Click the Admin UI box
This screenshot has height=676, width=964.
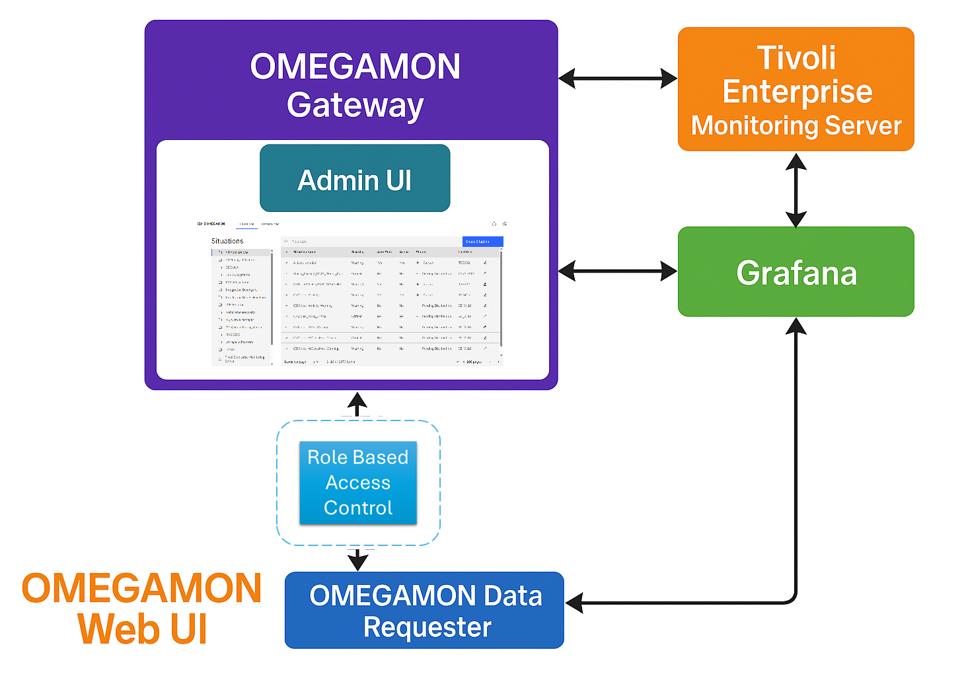coord(355,179)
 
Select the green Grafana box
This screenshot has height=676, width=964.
coord(796,272)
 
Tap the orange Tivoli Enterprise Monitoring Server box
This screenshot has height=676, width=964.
coord(796,90)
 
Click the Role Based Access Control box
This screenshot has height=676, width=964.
coord(358,483)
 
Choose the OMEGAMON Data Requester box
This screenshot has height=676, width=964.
coord(424,611)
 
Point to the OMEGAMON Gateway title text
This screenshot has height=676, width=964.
coord(355,85)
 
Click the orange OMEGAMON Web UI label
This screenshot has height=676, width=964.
coord(142,608)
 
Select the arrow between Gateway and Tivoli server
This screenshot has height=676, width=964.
coord(618,79)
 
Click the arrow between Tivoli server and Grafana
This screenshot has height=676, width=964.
coord(796,189)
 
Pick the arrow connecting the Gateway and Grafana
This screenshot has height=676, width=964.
coord(618,271)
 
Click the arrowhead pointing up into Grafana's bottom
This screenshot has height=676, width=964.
coord(796,326)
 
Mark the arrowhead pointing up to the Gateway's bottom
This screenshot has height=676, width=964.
coord(357,401)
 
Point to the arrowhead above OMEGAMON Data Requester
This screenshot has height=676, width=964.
coord(357,562)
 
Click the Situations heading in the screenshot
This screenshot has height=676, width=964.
coord(227,241)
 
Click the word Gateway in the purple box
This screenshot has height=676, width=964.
coord(355,105)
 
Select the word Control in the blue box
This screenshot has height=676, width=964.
coord(358,508)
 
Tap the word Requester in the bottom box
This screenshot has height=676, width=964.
coord(427,627)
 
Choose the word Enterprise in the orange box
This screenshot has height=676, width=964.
coord(797,91)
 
